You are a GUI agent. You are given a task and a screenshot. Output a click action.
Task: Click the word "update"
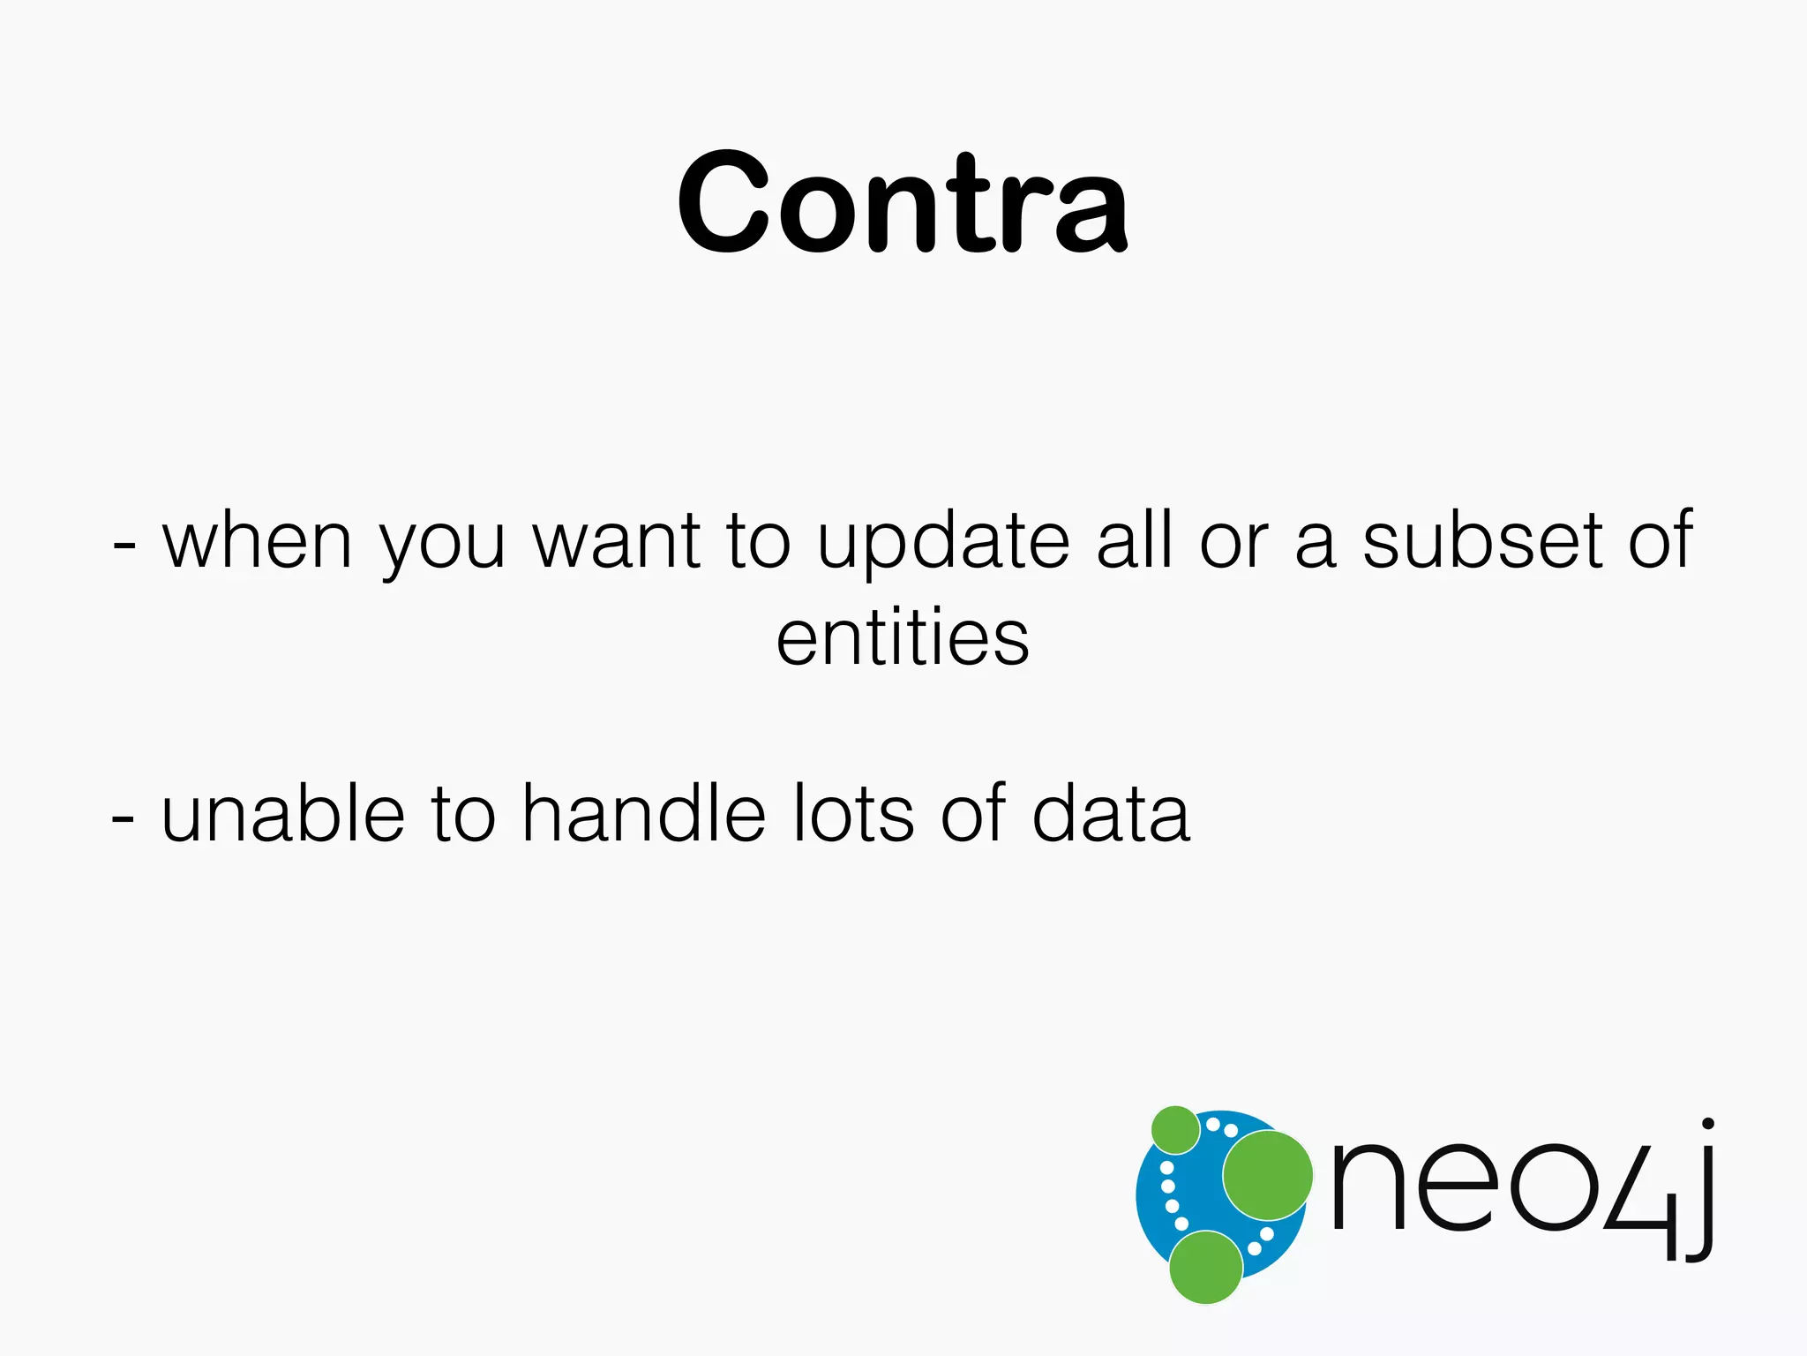pos(943,542)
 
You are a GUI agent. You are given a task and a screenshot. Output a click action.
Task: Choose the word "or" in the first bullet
pos(1233,542)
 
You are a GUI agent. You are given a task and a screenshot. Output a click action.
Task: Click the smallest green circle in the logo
pos(1175,1129)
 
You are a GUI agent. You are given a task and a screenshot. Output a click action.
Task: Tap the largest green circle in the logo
pos(1267,1175)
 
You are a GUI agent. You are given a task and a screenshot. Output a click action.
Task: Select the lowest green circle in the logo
pos(1205,1267)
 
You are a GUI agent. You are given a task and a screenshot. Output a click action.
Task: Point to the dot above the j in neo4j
pos(1707,1124)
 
